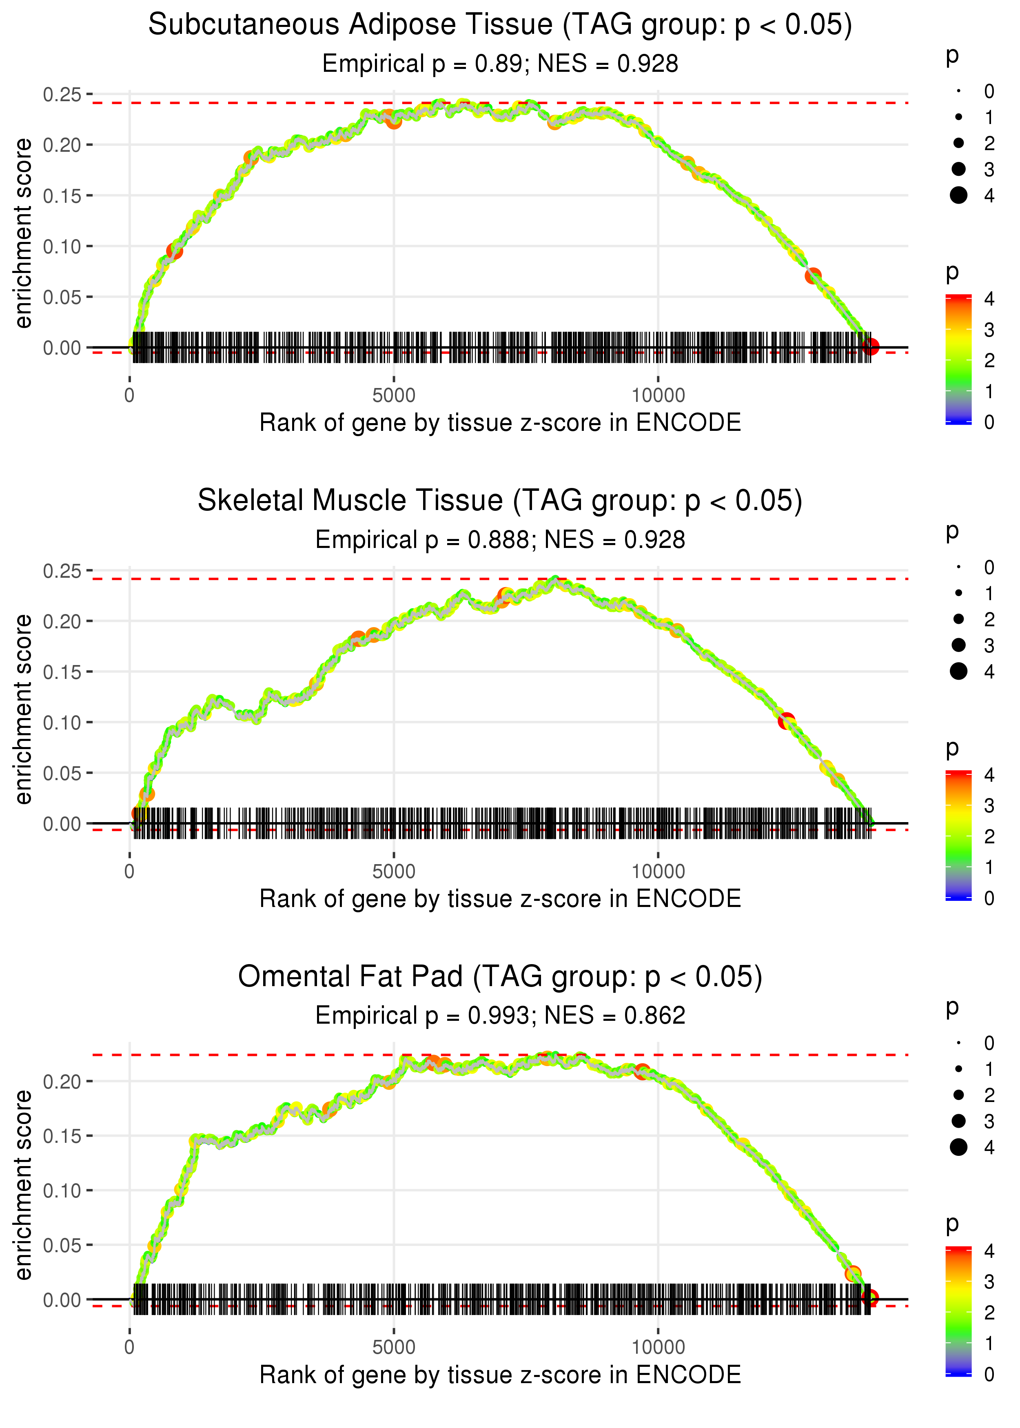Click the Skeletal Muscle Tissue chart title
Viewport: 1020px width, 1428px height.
[x=500, y=501]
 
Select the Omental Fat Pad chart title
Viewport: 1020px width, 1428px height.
[x=500, y=977]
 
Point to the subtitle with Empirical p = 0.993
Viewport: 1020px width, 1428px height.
[x=500, y=1016]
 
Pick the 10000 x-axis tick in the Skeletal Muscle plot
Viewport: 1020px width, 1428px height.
[x=658, y=871]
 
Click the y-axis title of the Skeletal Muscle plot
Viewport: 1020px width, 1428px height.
[x=23, y=709]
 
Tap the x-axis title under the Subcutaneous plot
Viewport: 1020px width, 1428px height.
[x=500, y=423]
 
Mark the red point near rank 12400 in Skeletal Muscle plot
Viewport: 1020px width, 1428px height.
[x=786, y=721]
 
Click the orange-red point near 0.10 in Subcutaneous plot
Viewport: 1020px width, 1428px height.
[x=175, y=251]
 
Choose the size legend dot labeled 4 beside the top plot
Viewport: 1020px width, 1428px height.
[x=958, y=195]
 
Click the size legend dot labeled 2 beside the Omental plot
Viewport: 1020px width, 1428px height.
[x=958, y=1095]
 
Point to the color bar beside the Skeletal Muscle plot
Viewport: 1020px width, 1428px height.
[x=958, y=835]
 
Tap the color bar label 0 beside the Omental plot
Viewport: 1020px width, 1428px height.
[x=989, y=1375]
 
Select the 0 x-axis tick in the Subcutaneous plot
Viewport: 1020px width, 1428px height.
[x=129, y=396]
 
